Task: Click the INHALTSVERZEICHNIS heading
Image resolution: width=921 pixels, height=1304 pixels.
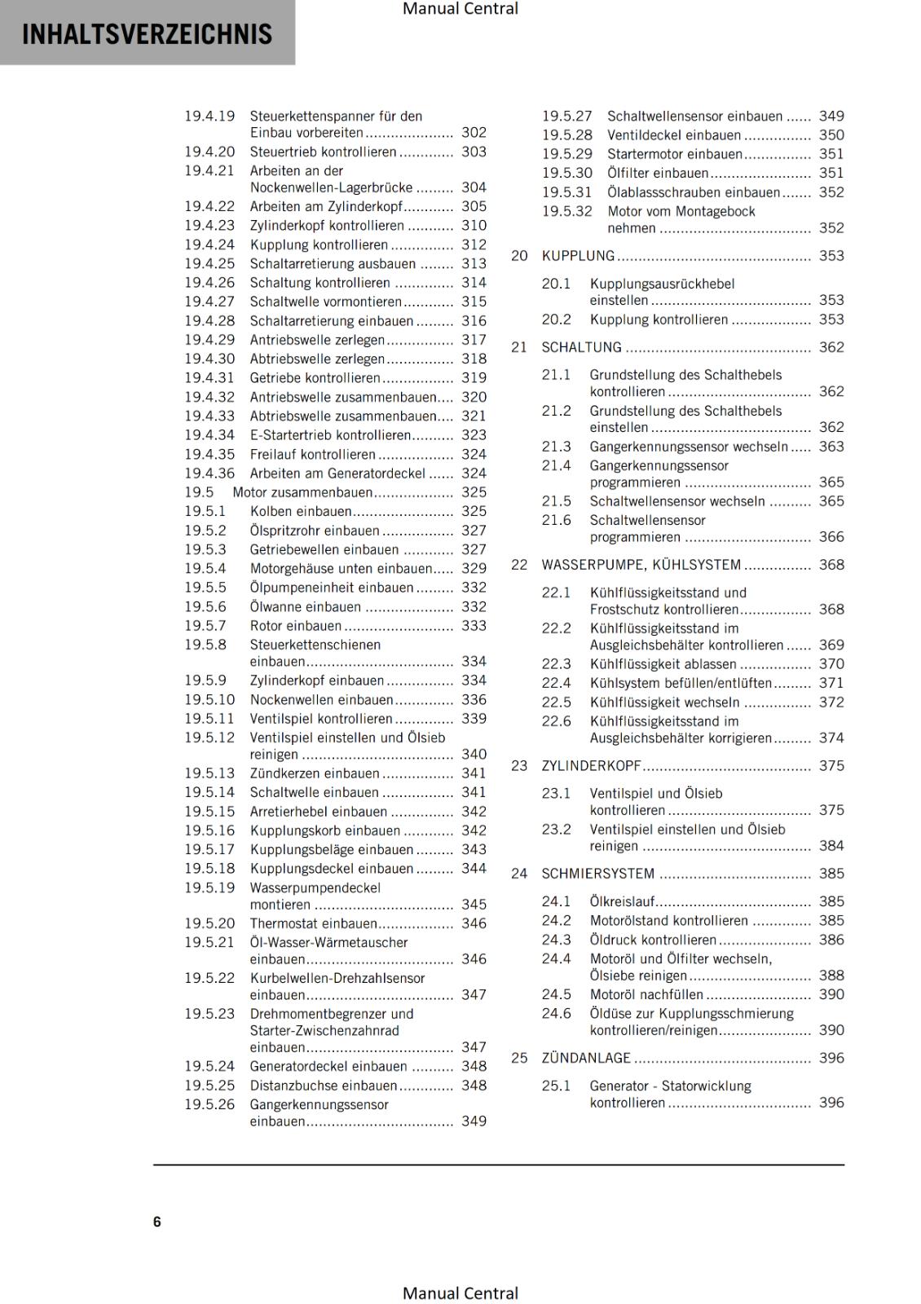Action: click(x=147, y=34)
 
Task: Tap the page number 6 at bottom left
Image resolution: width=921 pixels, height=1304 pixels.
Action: click(x=157, y=1222)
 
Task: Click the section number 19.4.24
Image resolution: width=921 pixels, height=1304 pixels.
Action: click(x=209, y=244)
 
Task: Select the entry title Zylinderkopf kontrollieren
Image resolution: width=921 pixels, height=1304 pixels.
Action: click(x=327, y=226)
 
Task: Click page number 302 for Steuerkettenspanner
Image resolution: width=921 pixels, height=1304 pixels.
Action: click(x=474, y=132)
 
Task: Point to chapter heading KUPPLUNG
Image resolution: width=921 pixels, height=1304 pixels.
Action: click(x=578, y=256)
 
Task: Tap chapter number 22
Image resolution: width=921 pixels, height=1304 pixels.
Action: click(x=519, y=565)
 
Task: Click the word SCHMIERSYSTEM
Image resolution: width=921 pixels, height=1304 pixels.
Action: click(x=597, y=874)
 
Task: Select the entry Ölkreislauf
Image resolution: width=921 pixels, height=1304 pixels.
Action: click(x=622, y=901)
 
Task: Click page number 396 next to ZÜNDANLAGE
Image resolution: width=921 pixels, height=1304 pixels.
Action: click(x=831, y=1058)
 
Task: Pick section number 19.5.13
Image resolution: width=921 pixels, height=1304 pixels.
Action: click(x=209, y=773)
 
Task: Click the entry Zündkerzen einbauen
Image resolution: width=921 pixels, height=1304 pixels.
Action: click(x=315, y=773)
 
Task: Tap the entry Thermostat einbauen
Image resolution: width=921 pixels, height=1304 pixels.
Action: click(x=313, y=923)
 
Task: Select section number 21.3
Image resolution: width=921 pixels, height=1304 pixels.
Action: click(x=556, y=447)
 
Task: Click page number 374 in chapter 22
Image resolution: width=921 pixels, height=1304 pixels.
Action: click(x=831, y=738)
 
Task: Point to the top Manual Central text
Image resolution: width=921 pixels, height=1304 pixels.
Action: click(x=460, y=9)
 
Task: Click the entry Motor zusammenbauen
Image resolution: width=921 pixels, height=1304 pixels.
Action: click(x=302, y=492)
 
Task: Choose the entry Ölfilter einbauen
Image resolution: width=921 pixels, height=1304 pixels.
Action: click(x=658, y=173)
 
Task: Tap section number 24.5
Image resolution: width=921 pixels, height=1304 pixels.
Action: click(x=556, y=994)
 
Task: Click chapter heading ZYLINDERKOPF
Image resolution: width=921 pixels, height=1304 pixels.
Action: click(x=591, y=766)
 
